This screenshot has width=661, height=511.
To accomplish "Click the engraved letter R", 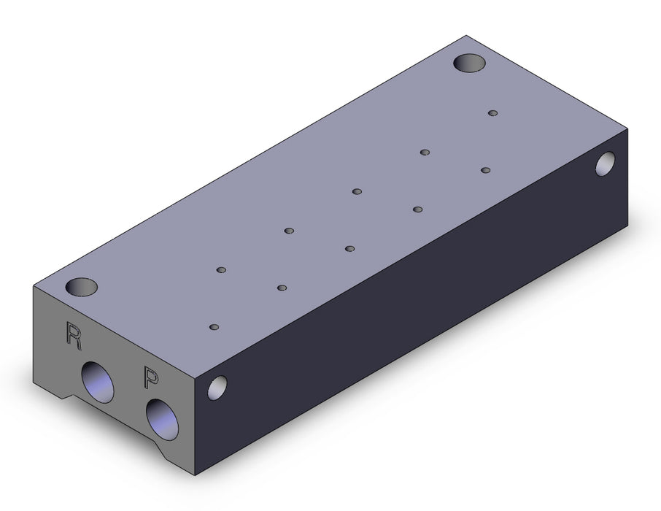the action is click(74, 336).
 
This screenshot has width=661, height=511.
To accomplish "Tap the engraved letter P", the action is click(151, 377).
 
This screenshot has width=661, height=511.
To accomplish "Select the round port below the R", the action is click(97, 382).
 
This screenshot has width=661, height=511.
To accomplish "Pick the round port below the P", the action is click(162, 420).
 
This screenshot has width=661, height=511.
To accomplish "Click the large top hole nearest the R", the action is click(82, 287).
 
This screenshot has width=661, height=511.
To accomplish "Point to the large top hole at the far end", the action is click(469, 63).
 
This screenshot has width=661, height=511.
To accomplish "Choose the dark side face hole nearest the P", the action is click(217, 388).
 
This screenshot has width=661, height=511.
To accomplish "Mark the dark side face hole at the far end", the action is click(605, 164).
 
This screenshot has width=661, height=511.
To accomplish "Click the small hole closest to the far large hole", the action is click(492, 113).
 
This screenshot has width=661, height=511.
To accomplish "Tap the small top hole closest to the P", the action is click(214, 327).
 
